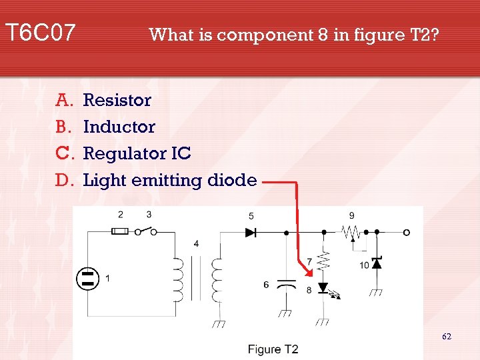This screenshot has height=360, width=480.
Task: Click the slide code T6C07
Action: tap(40, 32)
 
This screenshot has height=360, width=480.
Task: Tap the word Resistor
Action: tap(117, 101)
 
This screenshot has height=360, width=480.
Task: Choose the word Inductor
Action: tap(119, 127)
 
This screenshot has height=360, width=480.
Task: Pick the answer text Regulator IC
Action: tap(137, 154)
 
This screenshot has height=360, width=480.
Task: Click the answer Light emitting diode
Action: tap(170, 181)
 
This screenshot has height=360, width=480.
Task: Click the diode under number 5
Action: tap(251, 232)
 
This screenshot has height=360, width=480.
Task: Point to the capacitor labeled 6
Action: tap(287, 285)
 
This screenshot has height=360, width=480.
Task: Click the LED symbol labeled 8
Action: tap(325, 288)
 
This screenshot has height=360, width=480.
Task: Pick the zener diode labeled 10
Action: tap(377, 263)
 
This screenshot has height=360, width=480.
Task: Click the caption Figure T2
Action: tap(273, 349)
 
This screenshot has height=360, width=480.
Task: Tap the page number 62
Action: tap(447, 337)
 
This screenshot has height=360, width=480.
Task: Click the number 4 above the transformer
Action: tap(196, 244)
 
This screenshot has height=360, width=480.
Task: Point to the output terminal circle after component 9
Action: tap(406, 232)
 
